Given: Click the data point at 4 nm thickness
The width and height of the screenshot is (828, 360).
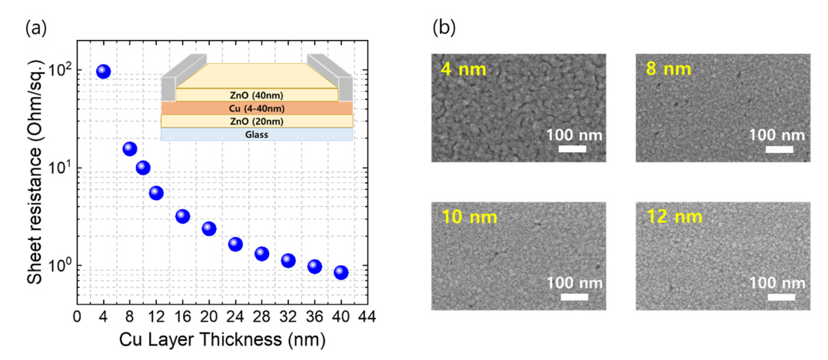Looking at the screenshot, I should click(103, 72).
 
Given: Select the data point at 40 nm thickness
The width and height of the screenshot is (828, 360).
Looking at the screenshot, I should click(341, 272).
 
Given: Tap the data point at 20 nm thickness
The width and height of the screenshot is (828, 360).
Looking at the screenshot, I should click(209, 228).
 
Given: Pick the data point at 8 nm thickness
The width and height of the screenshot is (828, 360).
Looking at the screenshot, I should click(130, 148).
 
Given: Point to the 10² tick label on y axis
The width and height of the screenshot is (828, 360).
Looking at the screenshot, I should click(58, 72).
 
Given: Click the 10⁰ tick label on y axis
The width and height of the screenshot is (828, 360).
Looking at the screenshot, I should click(58, 266).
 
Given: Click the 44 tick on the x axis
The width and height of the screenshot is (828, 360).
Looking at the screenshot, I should click(367, 315).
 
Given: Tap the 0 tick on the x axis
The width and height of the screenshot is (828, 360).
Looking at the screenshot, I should click(77, 315).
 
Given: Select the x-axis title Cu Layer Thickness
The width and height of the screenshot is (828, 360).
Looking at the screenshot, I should click(221, 338).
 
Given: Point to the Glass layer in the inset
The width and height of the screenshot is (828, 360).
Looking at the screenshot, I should click(257, 135).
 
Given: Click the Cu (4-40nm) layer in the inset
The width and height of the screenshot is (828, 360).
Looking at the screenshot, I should click(257, 108).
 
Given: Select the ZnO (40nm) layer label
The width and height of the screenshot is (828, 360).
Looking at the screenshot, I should click(257, 95).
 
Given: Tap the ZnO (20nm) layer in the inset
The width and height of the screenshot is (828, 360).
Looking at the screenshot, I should click(257, 121).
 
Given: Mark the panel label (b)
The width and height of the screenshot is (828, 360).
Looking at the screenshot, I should click(444, 28).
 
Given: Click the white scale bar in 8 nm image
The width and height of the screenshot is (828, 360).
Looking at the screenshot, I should click(780, 149).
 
